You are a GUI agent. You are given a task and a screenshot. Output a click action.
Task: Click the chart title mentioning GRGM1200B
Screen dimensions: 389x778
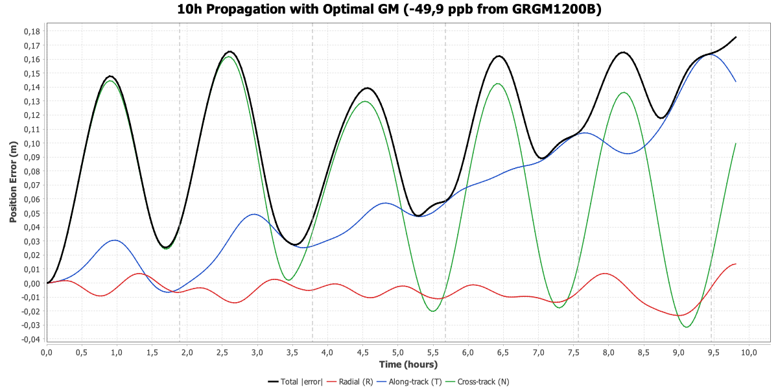click(x=389, y=10)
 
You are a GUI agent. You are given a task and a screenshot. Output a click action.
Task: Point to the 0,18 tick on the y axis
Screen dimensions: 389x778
click(x=32, y=31)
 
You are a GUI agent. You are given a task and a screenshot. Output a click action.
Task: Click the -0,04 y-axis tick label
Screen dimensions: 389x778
click(x=30, y=339)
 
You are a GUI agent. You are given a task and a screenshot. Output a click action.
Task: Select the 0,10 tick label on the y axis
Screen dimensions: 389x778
click(x=32, y=143)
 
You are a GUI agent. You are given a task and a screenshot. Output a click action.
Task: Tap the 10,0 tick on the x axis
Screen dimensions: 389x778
click(x=749, y=352)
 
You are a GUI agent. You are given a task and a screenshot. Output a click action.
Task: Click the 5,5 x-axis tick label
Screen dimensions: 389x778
click(x=397, y=352)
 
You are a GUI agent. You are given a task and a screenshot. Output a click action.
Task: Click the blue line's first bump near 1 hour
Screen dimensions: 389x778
click(x=115, y=240)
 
